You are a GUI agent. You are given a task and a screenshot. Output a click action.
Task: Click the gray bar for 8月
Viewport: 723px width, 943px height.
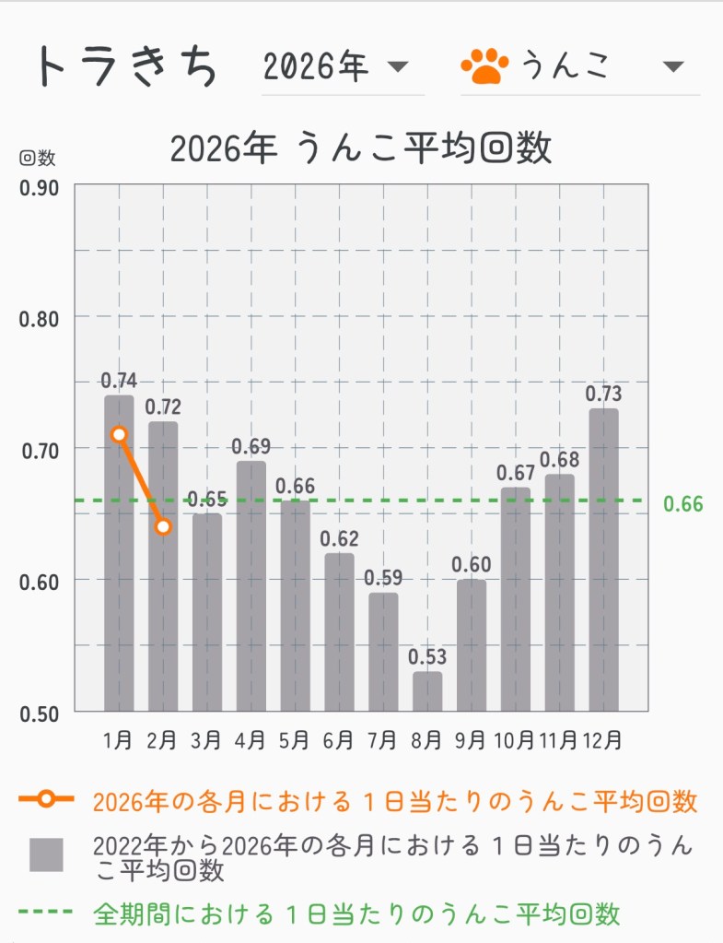[427, 691]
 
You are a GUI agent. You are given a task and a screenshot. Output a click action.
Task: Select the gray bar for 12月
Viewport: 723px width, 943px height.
[603, 560]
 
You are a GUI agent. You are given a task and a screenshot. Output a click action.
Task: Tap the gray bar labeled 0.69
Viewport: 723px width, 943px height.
[251, 585]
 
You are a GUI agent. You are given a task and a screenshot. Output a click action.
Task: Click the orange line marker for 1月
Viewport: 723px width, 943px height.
[119, 434]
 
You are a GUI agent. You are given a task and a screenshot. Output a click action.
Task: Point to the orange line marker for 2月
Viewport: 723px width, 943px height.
[163, 526]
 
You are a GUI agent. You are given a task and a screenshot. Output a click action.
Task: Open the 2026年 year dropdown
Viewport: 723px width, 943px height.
[335, 66]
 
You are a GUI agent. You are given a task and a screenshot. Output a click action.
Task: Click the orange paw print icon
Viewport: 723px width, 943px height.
[484, 66]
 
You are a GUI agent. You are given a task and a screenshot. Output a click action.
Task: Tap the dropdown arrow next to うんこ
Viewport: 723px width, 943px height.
[673, 66]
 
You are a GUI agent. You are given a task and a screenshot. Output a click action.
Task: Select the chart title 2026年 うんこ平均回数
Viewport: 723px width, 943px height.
[361, 147]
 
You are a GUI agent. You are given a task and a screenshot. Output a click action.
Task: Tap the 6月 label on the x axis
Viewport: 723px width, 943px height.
[338, 740]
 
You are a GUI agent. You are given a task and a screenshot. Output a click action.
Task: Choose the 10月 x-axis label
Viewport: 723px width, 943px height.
[514, 740]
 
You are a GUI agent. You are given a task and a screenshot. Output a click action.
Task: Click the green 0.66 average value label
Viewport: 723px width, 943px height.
[682, 504]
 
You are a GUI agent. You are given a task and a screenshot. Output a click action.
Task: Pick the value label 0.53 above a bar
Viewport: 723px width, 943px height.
[427, 657]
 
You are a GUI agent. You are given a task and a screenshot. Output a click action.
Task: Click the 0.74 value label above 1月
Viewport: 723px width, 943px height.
[119, 380]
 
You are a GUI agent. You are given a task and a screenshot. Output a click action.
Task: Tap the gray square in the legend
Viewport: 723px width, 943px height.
[46, 855]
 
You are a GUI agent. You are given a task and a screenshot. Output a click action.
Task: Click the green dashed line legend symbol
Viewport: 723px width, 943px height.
[45, 913]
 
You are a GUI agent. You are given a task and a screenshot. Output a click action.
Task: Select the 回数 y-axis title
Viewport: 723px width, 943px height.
[38, 158]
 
